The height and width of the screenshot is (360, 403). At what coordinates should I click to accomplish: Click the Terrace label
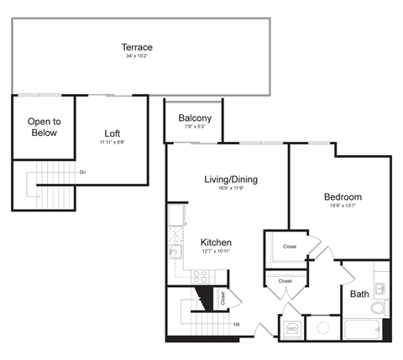pos(138,47)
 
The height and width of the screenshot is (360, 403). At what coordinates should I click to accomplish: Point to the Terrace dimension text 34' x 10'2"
pos(138,57)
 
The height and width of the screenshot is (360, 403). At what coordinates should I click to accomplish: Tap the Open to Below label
pos(42,127)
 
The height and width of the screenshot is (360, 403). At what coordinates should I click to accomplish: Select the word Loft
pos(113,133)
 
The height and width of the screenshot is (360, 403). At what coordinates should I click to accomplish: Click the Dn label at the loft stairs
pos(82,172)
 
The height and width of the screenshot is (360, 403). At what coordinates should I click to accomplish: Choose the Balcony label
pos(195,118)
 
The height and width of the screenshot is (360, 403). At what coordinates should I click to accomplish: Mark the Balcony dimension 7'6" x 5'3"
pos(195,128)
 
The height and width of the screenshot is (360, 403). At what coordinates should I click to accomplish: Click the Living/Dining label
pos(231,180)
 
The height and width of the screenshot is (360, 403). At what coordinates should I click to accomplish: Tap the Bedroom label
pos(343,197)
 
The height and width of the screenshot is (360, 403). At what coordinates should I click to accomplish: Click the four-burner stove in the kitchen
pos(201,274)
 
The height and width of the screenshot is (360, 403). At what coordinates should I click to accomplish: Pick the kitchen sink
pos(175,252)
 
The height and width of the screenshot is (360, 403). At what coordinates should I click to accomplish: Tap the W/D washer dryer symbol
pos(292,328)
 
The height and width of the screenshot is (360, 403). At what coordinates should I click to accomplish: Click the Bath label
pos(359,294)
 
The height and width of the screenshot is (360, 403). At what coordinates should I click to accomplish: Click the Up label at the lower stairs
pos(237,324)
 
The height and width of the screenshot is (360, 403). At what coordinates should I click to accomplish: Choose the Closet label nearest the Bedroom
pos(290,247)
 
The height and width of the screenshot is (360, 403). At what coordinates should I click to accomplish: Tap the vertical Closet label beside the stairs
pos(222,297)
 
